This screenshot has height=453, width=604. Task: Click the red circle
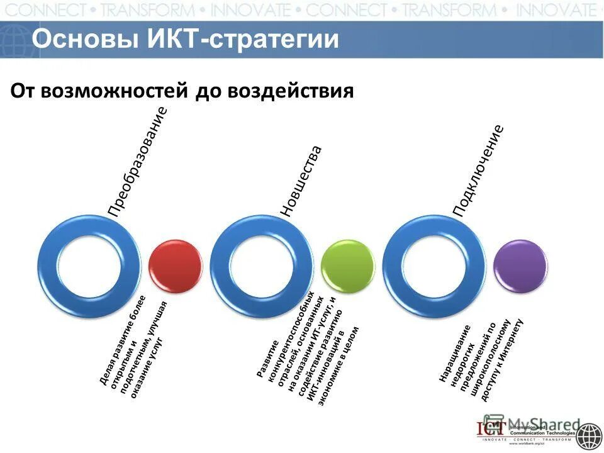176,266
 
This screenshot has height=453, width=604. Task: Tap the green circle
347,266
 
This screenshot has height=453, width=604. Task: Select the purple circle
520,266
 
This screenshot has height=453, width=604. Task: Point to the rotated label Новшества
301,182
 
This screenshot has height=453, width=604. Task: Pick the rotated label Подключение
479,171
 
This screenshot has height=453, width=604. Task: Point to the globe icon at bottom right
589,435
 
